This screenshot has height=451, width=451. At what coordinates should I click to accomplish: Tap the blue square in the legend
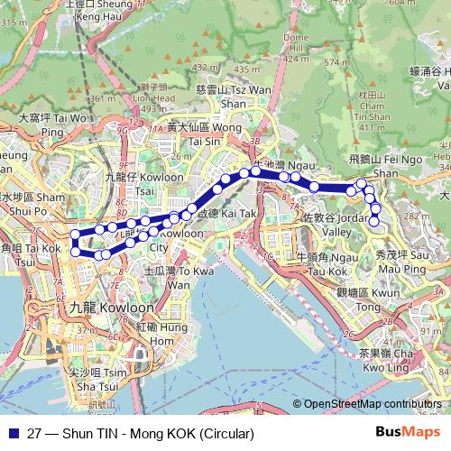[11, 434]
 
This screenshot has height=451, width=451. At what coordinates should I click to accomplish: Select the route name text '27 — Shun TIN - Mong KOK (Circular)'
[139, 434]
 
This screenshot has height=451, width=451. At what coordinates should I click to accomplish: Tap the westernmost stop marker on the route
[74, 236]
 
